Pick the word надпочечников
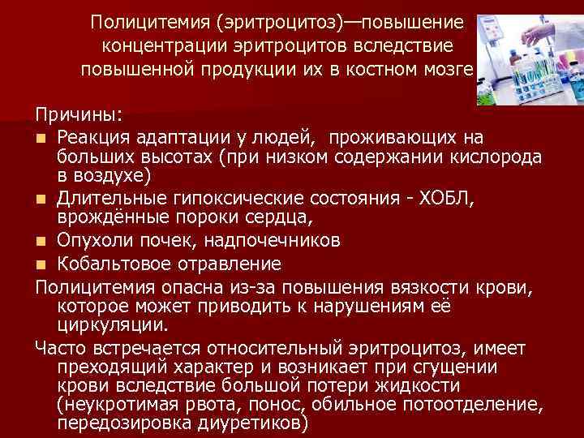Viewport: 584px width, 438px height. point(273,239)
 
